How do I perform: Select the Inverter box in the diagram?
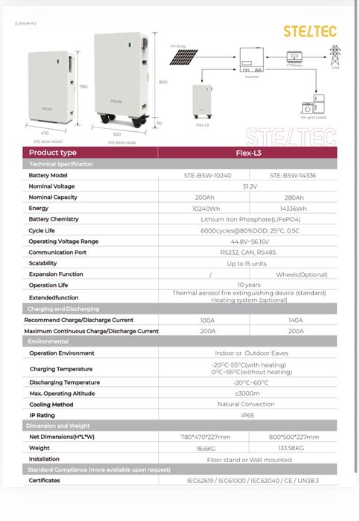[x=251, y=57]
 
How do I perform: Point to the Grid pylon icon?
[x=335, y=54]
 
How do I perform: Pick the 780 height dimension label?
[x=83, y=86]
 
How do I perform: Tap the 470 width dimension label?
[x=45, y=133]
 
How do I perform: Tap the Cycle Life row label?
[x=42, y=230]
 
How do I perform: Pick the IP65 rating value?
[x=248, y=415]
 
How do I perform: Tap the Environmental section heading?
[x=48, y=341]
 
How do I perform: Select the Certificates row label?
[x=44, y=481]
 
